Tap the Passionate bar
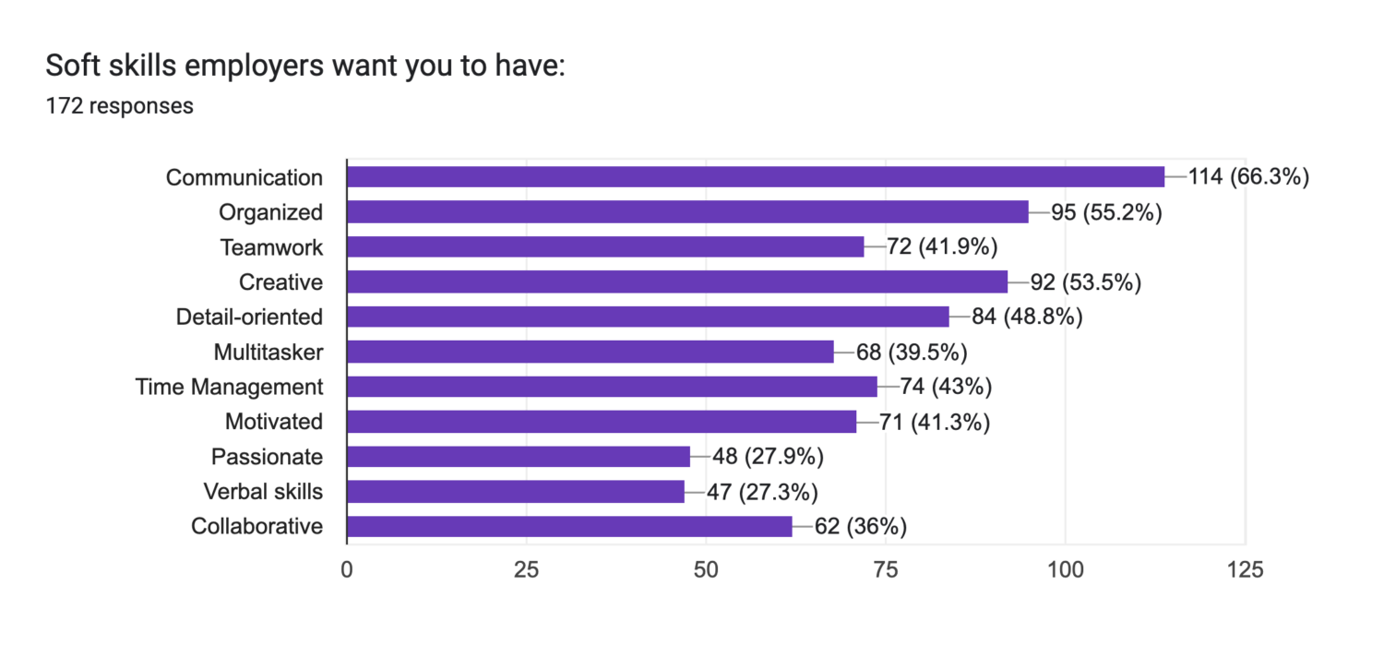point(518,457)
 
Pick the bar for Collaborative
point(568,527)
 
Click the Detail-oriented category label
point(249,317)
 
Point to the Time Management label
point(229,387)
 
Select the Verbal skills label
point(263,492)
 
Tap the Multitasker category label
point(268,353)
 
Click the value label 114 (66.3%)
point(1248,177)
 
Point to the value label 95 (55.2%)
point(1105,212)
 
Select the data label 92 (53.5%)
point(1085,282)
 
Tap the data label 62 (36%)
point(861,527)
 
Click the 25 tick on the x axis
point(526,570)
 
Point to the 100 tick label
point(1065,570)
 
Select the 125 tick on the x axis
point(1245,570)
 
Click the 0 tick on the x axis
point(347,570)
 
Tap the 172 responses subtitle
point(119,106)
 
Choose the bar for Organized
point(687,212)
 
